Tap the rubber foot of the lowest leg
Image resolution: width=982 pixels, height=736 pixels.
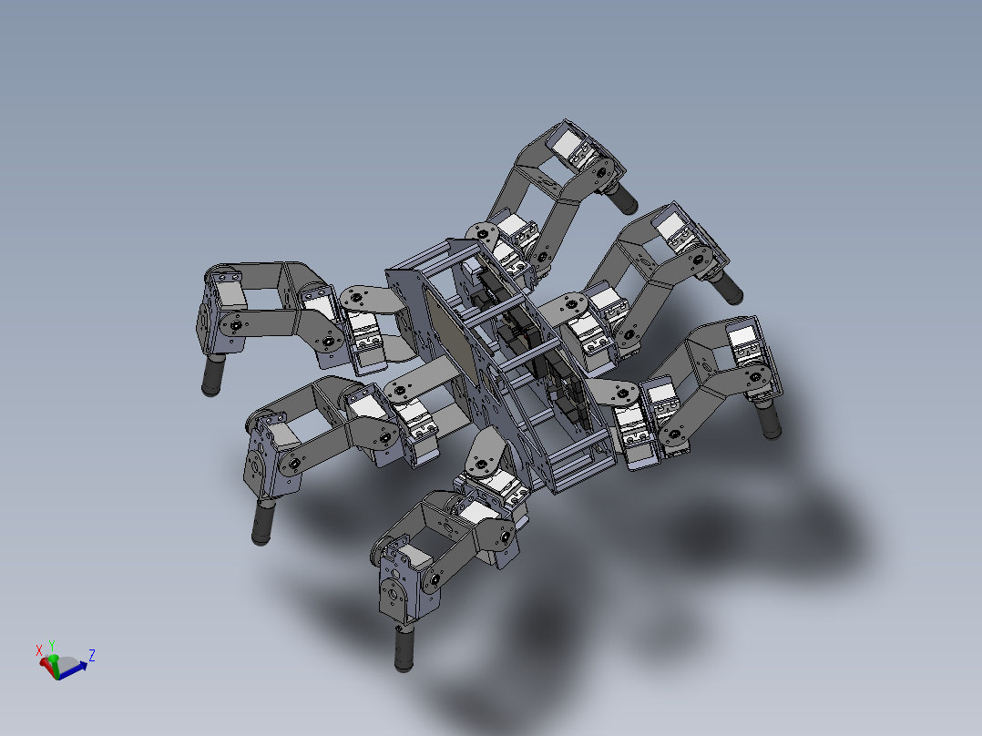pyautogui.click(x=402, y=649)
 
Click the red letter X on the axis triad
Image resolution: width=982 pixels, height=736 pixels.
pyautogui.click(x=39, y=649)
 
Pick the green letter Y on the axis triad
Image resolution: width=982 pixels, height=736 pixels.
pyautogui.click(x=52, y=644)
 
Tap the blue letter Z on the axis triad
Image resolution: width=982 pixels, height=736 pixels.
pyautogui.click(x=92, y=654)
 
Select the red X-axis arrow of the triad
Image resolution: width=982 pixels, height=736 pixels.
pyautogui.click(x=46, y=663)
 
